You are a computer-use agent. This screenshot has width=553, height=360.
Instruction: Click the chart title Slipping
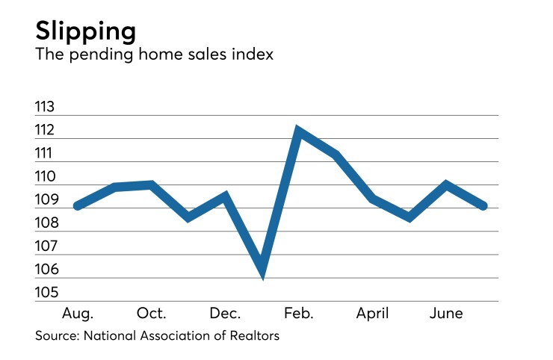tap(86, 32)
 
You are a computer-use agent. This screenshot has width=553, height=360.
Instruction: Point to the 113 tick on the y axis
tap(46, 107)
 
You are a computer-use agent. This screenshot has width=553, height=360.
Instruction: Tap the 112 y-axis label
tap(46, 130)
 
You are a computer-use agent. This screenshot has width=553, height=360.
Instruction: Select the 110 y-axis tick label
tap(46, 176)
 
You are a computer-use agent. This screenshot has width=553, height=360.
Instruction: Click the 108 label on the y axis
tap(46, 223)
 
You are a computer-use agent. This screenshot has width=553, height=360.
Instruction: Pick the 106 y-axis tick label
tap(46, 270)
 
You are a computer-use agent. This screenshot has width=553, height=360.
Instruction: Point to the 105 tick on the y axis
tap(46, 293)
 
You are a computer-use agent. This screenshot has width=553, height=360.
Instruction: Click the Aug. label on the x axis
tap(78, 313)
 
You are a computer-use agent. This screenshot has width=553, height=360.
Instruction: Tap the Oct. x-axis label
tap(152, 313)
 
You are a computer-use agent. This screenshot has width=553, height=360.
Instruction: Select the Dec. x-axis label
tap(226, 313)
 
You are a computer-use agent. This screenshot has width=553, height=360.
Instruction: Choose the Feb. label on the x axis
tap(299, 313)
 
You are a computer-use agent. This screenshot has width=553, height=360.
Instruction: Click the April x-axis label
tap(372, 313)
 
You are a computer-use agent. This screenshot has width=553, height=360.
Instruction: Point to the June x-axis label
tap(446, 313)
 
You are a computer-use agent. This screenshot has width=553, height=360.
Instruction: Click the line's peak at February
tap(299, 132)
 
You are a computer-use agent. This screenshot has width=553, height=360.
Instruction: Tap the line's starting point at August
tap(78, 205)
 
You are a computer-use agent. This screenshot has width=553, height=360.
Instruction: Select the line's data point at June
tap(446, 184)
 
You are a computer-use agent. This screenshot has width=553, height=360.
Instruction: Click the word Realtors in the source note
tap(254, 336)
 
